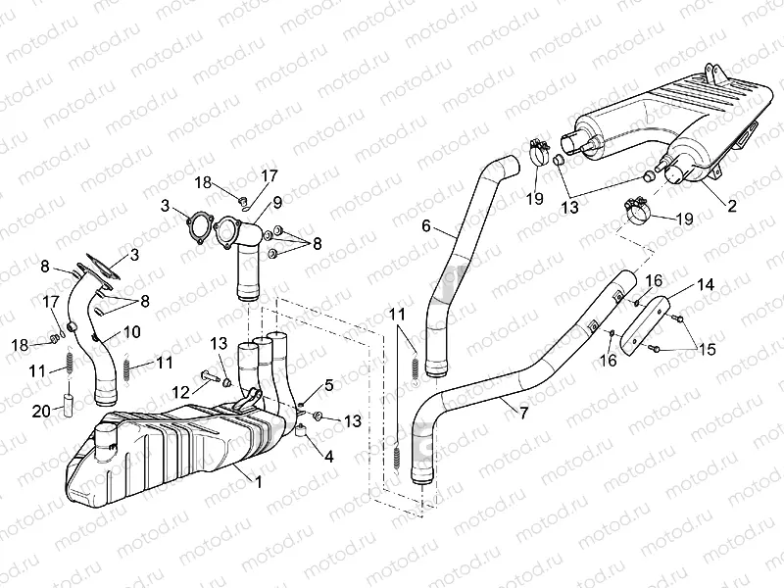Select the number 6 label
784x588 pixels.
click(x=426, y=225)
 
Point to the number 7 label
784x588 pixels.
click(x=523, y=414)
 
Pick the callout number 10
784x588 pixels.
click(x=132, y=332)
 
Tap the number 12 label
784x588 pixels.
click(x=177, y=391)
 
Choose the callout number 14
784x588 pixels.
click(x=706, y=285)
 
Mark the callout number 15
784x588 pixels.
click(x=707, y=350)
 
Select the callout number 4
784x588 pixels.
click(x=328, y=456)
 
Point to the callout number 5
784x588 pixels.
click(x=328, y=385)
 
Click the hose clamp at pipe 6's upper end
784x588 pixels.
click(x=536, y=151)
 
